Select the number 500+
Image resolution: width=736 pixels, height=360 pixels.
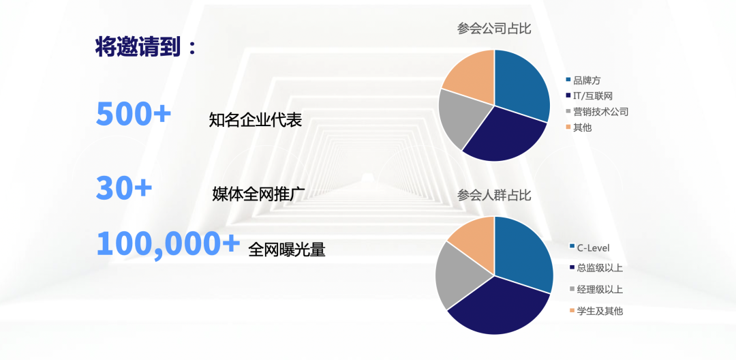click(x=134, y=113)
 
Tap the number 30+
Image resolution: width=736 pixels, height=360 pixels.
click(x=124, y=187)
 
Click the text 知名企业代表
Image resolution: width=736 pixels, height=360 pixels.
click(x=256, y=121)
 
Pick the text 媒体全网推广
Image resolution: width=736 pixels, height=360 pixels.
click(x=259, y=194)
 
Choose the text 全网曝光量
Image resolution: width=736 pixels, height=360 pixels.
click(x=287, y=250)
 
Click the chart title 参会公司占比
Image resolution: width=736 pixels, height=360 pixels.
click(x=494, y=29)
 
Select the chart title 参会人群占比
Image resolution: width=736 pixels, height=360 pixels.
click(x=494, y=195)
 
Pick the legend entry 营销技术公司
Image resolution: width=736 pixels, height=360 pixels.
click(x=596, y=112)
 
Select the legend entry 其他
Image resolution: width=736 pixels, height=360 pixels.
click(x=579, y=127)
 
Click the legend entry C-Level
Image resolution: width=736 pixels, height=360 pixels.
click(x=589, y=247)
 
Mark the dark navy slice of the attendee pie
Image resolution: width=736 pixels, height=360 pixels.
click(x=497, y=307)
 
